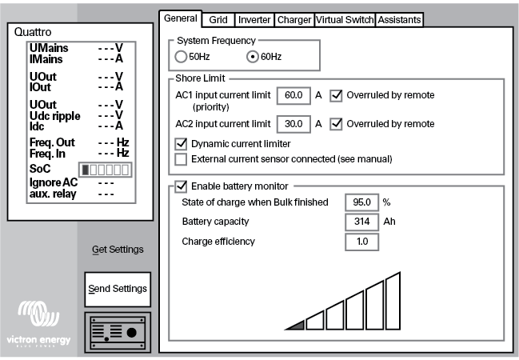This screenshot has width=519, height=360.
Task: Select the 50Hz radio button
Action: coord(181,58)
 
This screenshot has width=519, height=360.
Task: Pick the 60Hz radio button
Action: coord(254,58)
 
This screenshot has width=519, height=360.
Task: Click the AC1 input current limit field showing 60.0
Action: coord(293,95)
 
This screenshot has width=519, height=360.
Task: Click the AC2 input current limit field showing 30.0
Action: coord(293,124)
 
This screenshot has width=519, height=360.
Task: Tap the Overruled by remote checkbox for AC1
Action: coord(337,95)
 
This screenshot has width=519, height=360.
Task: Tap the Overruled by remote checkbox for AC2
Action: coord(337,124)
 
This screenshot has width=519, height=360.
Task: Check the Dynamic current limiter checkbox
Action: coord(181,144)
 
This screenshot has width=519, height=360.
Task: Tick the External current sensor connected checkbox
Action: coord(181,159)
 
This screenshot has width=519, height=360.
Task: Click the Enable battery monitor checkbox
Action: coord(181,186)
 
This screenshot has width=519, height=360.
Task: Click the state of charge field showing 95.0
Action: coord(361,202)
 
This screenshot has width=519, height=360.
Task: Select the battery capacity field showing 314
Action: coord(361,222)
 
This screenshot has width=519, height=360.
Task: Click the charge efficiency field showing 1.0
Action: coord(361,241)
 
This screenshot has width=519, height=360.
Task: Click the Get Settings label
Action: coord(118,250)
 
